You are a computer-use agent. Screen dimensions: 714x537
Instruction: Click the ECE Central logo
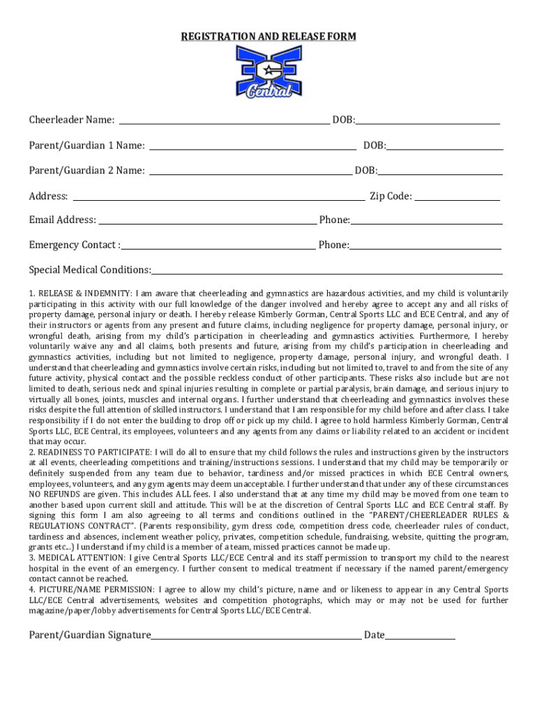pos(268,72)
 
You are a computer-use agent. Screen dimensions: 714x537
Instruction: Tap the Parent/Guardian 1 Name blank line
pos(253,149)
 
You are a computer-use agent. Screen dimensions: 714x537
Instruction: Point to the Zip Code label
pos(391,197)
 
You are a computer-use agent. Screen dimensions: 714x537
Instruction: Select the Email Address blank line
pos(206,224)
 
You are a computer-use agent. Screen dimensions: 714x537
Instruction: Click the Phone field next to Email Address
pos(426,224)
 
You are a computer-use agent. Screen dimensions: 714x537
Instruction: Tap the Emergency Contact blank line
pos(218,248)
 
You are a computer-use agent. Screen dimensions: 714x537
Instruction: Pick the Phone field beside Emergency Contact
pos(425,248)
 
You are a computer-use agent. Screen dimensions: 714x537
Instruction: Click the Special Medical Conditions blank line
pos(327,273)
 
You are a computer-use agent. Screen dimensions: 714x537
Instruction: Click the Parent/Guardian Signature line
pos(256,638)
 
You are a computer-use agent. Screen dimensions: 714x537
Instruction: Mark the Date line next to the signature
pos(420,638)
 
